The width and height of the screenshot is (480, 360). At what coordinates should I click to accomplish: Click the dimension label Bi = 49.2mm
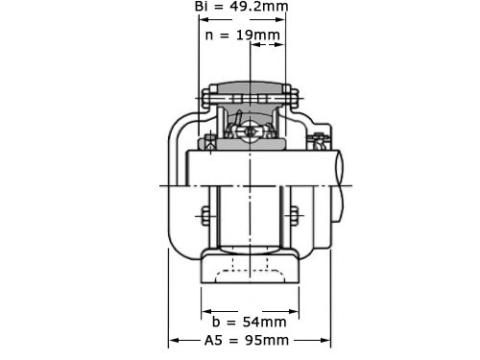[242, 6]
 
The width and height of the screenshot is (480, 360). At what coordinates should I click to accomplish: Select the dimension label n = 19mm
[243, 35]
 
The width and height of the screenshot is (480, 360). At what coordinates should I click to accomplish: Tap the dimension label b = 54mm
[249, 322]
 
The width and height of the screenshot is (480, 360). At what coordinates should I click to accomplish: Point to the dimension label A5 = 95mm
[247, 340]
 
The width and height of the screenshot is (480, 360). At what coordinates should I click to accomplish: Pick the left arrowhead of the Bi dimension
[204, 19]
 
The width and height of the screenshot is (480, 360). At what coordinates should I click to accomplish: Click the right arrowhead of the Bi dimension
[280, 19]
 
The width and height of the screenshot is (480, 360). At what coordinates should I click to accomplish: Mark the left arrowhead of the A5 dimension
[174, 340]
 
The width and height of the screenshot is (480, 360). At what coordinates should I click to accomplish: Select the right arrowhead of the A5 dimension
[325, 340]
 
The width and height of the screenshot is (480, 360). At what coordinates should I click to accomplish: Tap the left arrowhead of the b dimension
[206, 311]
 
